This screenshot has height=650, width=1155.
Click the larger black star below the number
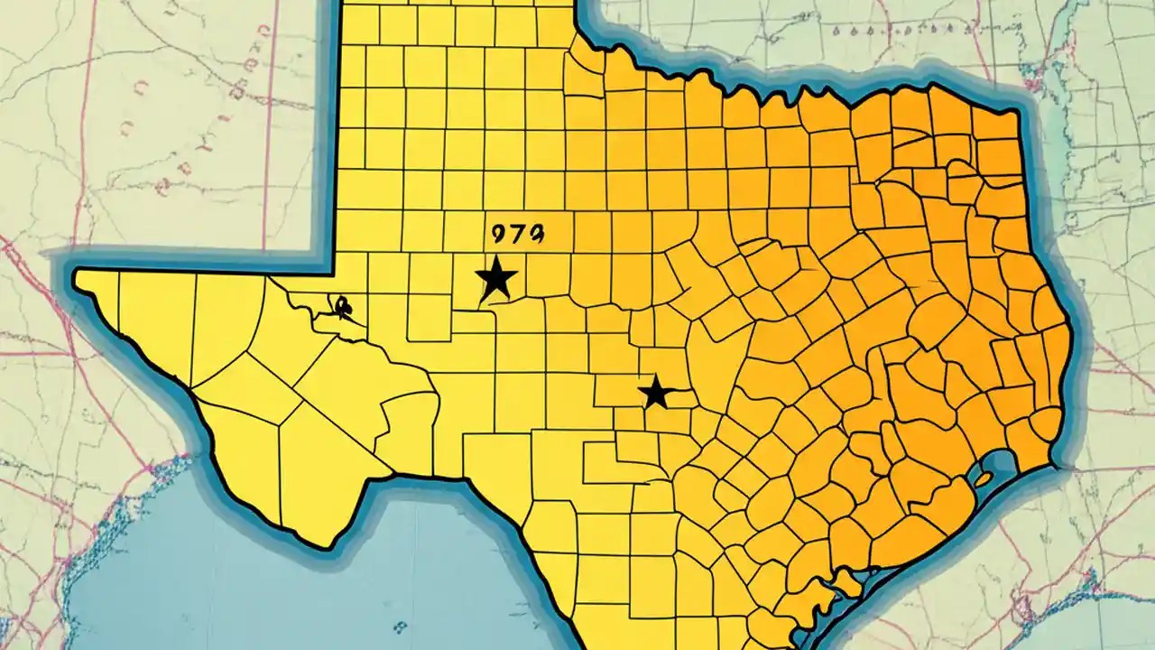495,280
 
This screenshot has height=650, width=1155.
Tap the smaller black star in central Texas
656,393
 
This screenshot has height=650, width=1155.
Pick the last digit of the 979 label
534,235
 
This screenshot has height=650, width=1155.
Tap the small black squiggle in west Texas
343,308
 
